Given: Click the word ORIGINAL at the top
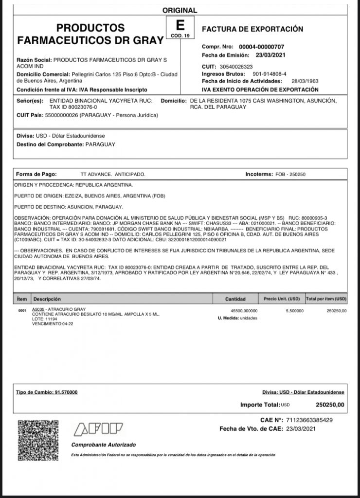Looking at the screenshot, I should [x=180, y=10].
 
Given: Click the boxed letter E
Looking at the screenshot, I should [x=180, y=25].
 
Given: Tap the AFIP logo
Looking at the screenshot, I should [x=97, y=429].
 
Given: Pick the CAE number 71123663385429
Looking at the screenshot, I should [x=309, y=420].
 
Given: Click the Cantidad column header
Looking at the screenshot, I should [x=235, y=299].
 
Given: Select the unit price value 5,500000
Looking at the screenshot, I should [x=295, y=310].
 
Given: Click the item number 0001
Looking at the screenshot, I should [x=21, y=310].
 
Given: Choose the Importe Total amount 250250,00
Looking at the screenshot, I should [x=330, y=404].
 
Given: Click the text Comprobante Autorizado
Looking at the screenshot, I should [x=104, y=445].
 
